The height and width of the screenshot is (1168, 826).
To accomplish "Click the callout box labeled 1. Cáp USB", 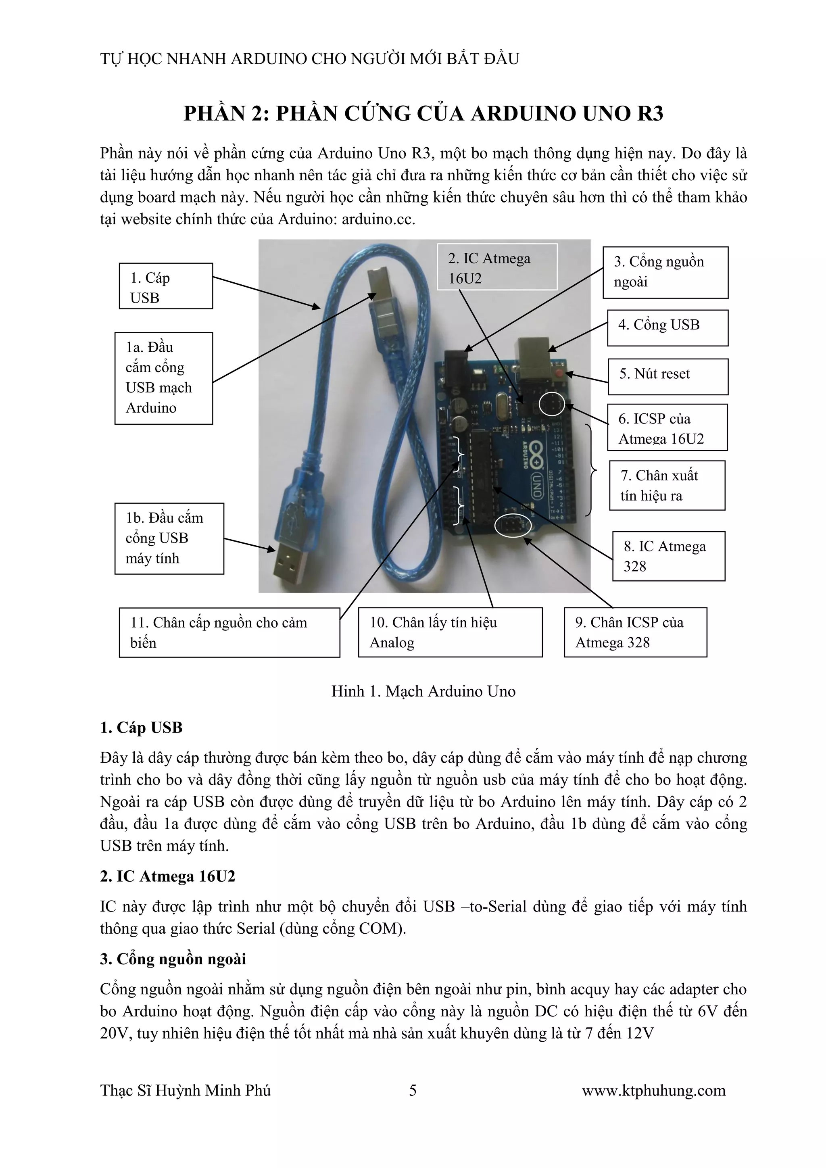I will pyautogui.click(x=166, y=286).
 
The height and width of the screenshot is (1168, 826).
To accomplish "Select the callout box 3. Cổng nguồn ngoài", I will pyautogui.click(x=665, y=272).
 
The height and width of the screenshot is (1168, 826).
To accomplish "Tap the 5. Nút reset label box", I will pyautogui.click(x=667, y=376).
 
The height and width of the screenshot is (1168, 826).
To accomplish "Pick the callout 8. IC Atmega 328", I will pyautogui.click(x=668, y=556).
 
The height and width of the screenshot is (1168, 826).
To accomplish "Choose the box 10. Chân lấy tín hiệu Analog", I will pyautogui.click(x=450, y=632).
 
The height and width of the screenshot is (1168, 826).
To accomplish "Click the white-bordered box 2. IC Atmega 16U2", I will pyautogui.click(x=496, y=267).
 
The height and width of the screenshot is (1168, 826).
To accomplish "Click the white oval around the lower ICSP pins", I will pyautogui.click(x=513, y=526).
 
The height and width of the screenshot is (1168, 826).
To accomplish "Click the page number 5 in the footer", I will pyautogui.click(x=413, y=1090).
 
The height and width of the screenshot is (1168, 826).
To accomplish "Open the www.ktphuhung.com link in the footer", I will pyautogui.click(x=653, y=1090).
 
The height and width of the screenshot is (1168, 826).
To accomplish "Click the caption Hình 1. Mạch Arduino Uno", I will pyautogui.click(x=423, y=691).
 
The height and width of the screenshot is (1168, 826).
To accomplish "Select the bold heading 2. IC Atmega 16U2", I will pyautogui.click(x=167, y=876).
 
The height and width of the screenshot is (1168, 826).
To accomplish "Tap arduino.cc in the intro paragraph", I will pyautogui.click(x=378, y=219).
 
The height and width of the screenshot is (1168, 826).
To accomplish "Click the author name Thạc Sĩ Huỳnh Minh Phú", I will pyautogui.click(x=185, y=1090).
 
